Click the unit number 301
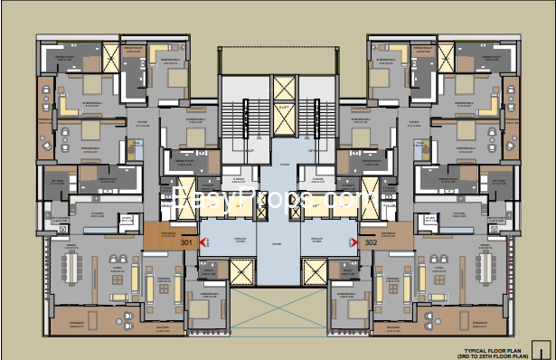tap(187, 242)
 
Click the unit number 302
tap(370, 242)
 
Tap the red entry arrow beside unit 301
tap(203, 242)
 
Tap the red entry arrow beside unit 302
tap(354, 242)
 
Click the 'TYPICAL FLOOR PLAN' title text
tap(494, 347)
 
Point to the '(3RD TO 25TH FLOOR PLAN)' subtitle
tap(494, 354)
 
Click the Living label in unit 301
tap(117, 268)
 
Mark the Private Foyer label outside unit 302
tap(316, 241)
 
